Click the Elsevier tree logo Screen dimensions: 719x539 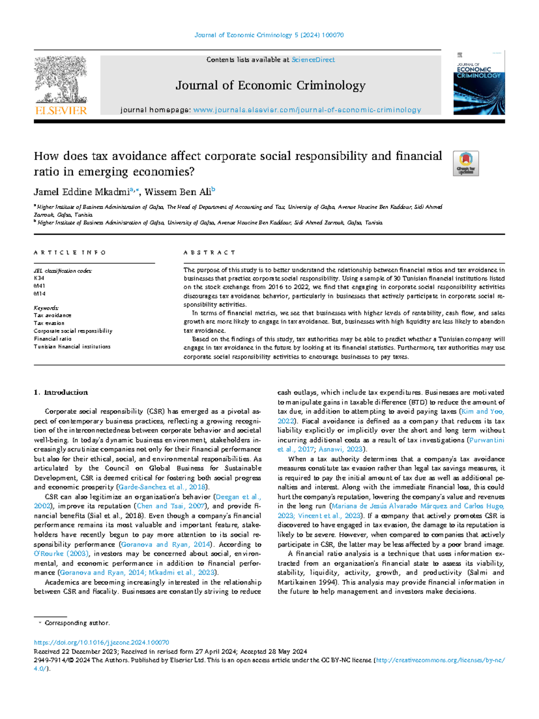click(61, 85)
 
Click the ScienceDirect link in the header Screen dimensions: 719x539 click(313, 60)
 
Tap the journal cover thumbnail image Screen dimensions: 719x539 click(479, 84)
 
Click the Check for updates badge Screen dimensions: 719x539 click(466, 163)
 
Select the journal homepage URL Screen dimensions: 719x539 click(307, 110)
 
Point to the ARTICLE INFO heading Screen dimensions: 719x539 click(70, 253)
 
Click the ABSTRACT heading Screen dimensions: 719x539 click(209, 253)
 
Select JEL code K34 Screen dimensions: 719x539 click(39, 278)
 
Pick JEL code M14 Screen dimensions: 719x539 click(40, 294)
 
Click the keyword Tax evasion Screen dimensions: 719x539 click(49, 323)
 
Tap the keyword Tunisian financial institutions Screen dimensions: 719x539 click(72, 347)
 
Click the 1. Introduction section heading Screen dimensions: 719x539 click(61, 393)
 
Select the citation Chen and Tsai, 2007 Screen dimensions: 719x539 click(171, 506)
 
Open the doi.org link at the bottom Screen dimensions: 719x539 click(102, 643)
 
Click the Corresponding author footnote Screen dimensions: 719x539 click(76, 623)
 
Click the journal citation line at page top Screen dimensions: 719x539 click(269, 35)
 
